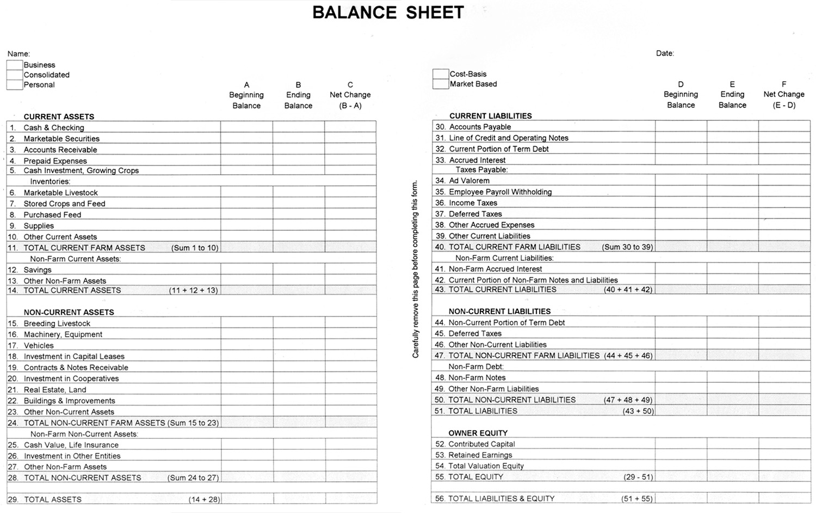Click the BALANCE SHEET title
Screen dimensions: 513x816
388,13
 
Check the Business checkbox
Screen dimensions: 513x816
15,65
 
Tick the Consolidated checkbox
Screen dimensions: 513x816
15,75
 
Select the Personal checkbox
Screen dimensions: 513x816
15,84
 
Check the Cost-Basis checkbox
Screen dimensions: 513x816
441,74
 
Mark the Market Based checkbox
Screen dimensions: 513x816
441,84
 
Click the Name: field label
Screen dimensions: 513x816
18,54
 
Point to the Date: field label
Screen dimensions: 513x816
665,53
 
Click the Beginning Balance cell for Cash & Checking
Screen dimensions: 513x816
246,127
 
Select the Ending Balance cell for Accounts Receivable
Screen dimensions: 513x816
298,149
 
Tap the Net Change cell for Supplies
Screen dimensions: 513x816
350,225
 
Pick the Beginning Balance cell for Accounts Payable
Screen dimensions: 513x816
681,126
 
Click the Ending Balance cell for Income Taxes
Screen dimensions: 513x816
732,203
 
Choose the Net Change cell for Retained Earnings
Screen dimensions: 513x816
784,455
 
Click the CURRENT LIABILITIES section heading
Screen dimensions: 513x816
490,116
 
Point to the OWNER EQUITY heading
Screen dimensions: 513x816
478,433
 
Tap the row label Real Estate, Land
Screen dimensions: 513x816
54,389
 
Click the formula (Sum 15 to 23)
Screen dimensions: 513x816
193,423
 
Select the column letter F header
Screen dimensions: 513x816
784,84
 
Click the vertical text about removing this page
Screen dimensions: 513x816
415,268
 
